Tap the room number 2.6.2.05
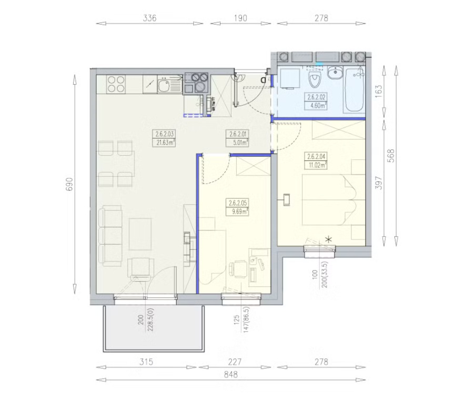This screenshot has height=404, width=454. (x=238, y=203)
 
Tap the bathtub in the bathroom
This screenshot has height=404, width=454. (x=354, y=90)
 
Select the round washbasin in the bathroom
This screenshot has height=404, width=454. (x=335, y=72)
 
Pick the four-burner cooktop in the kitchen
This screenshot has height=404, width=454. (x=116, y=84)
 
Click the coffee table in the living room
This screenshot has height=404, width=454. (x=140, y=234)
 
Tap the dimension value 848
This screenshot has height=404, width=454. (x=231, y=375)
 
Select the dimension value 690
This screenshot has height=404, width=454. (x=69, y=184)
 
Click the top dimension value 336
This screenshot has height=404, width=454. (x=150, y=18)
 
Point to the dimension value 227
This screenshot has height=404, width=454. (x=235, y=362)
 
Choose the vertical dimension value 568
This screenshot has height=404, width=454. (x=391, y=156)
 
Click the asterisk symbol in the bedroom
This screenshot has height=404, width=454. (x=329, y=239)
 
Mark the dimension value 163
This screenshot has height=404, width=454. (x=379, y=90)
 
